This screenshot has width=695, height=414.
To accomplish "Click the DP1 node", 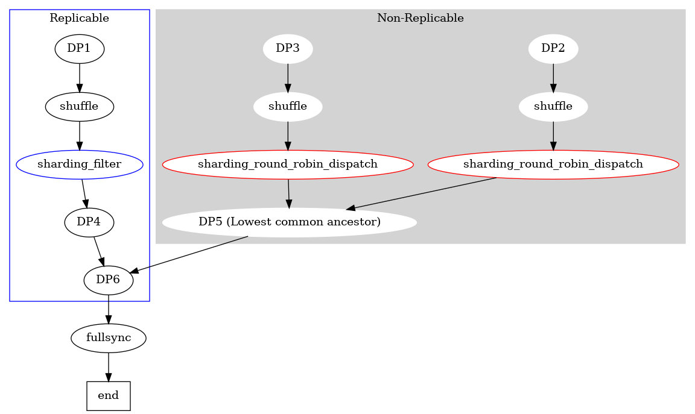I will coord(80,49).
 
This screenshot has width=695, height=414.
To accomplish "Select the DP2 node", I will coord(553,49).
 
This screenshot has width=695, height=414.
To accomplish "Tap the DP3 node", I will coord(288,49).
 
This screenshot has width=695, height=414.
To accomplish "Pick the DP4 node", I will coord(89,222).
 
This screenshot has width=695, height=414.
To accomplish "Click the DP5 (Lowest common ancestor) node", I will coord(290,222).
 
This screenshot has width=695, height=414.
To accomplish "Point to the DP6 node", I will coord(108,280).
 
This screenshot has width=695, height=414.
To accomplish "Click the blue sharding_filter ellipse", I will coord(80,165).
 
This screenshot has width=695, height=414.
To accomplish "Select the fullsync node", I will coord(109,338).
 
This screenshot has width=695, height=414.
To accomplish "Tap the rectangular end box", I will coord(109,396).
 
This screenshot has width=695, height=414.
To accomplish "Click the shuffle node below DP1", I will coord(80,107).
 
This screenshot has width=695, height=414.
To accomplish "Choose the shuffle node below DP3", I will coord(288,107).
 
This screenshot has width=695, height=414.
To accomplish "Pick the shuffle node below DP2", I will coord(553,107).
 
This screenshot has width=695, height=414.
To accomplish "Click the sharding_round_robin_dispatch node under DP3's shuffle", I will coord(288,165).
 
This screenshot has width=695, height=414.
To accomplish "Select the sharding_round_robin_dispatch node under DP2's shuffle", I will coord(553,165).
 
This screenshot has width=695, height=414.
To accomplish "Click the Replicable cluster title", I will coord(79,18).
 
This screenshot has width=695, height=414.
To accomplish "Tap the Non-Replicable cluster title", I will coord(420,18).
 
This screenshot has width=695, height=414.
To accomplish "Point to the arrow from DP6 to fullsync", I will coord(109,309).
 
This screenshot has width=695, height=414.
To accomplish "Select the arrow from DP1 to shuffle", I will coord(80,77).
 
